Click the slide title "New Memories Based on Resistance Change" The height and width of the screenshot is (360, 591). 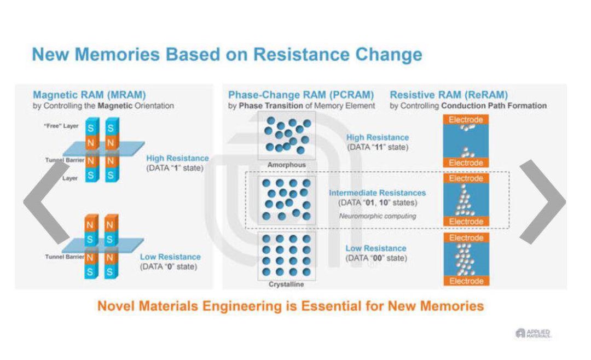pyautogui.click(x=227, y=55)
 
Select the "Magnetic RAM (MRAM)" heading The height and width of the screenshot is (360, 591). pyautogui.click(x=90, y=95)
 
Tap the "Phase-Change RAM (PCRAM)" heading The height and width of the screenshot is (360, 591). pyautogui.click(x=301, y=95)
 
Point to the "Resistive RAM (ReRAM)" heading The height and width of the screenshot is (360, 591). pyautogui.click(x=449, y=95)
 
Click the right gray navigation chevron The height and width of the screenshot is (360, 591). pyautogui.click(x=541, y=201)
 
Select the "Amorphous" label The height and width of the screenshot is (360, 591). pyautogui.click(x=286, y=165)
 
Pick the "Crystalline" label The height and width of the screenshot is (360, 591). pyautogui.click(x=286, y=284)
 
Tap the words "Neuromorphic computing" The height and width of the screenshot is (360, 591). pyautogui.click(x=377, y=216)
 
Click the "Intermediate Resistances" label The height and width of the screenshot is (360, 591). pyautogui.click(x=377, y=193)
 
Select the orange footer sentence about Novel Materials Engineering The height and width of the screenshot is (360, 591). pyautogui.click(x=291, y=306)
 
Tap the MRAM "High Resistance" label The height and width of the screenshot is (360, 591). pyautogui.click(x=177, y=159)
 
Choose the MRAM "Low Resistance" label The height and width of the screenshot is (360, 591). pyautogui.click(x=170, y=257)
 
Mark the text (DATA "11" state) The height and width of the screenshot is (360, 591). pyautogui.click(x=377, y=147)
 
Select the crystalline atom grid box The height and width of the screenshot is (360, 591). pyautogui.click(x=286, y=256)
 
